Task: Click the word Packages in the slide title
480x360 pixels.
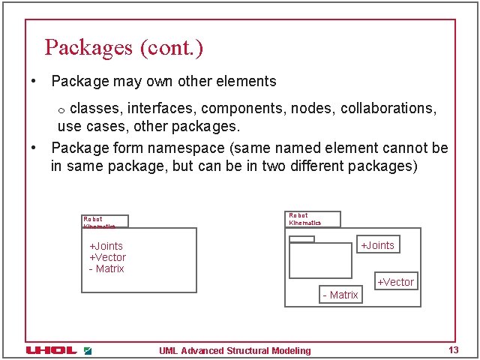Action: tap(88, 48)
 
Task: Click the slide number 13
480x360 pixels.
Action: tap(453, 350)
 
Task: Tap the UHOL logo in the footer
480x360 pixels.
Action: tap(51, 350)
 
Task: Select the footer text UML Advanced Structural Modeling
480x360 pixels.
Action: tap(235, 350)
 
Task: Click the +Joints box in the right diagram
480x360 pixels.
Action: tap(377, 245)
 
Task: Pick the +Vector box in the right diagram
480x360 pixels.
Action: tap(395, 282)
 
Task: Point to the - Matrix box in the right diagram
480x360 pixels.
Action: tap(340, 295)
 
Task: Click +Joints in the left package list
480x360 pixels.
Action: tap(106, 246)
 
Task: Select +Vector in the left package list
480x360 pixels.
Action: tap(107, 257)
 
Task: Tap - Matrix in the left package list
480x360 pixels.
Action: tap(106, 268)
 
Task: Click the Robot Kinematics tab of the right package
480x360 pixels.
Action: tap(313, 219)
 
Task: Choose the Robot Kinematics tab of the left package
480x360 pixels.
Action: tap(105, 221)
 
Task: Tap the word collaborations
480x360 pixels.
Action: tap(388, 108)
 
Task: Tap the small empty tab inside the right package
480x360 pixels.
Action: tap(302, 239)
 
